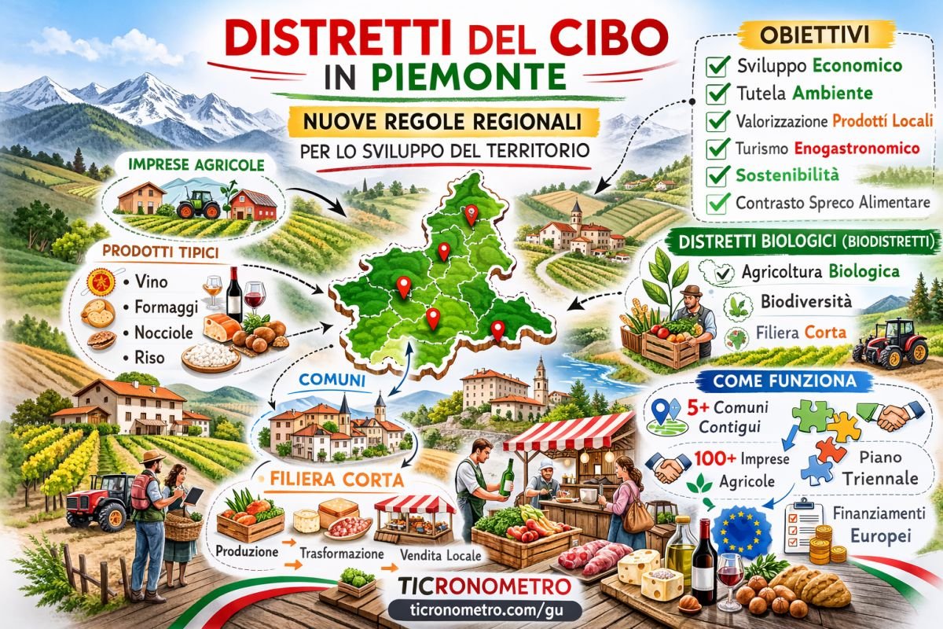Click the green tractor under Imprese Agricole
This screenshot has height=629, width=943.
pos(196,205)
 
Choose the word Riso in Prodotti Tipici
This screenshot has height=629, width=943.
pos(149,357)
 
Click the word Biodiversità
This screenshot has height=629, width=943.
pos(794,301)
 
